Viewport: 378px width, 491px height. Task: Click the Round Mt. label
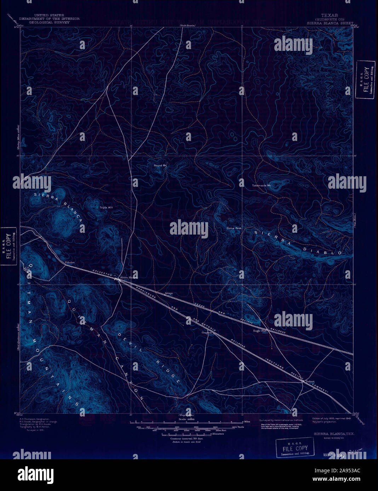tap(160, 165)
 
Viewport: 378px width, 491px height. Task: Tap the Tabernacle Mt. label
tap(261, 185)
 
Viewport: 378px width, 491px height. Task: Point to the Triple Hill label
tap(106, 207)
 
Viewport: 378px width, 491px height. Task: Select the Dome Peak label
tap(234, 228)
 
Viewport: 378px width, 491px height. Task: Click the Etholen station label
tap(70, 262)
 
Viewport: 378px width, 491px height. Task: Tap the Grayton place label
tap(207, 332)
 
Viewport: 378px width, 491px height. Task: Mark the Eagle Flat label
tap(260, 331)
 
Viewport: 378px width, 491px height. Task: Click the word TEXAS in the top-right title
tap(329, 16)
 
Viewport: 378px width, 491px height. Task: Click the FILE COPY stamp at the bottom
tap(295, 448)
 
